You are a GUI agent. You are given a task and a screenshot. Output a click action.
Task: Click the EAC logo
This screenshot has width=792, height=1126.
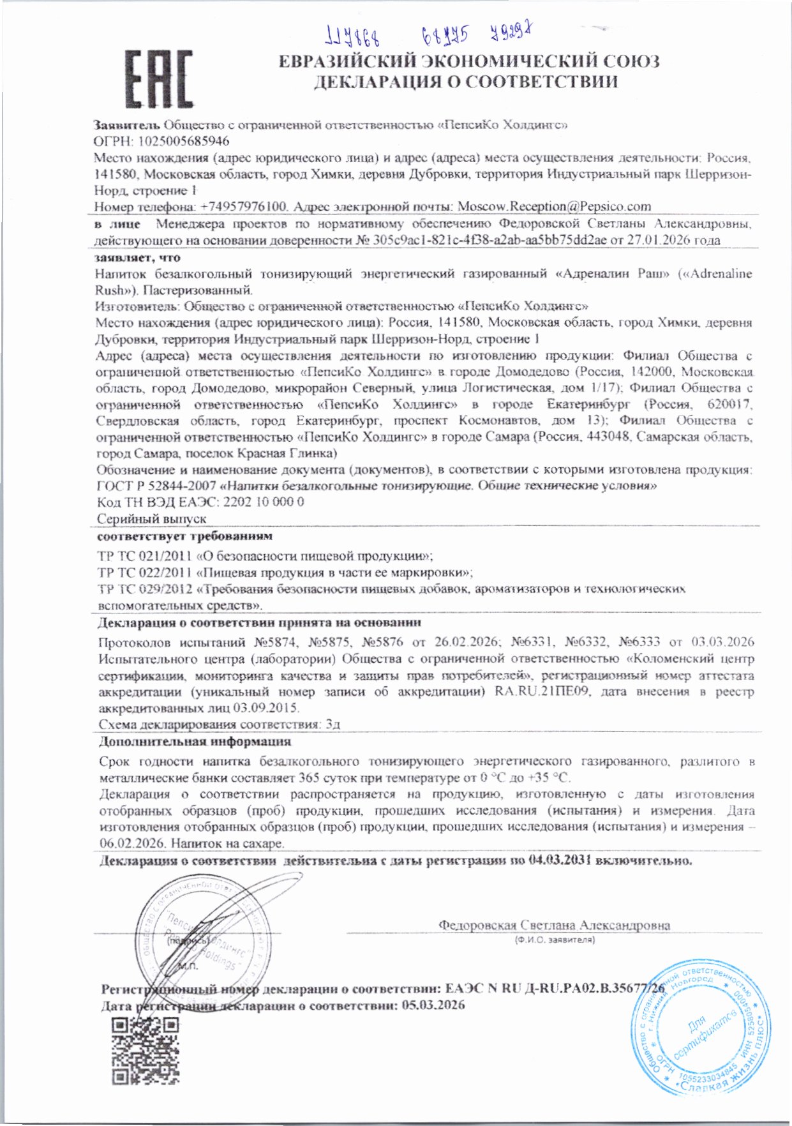pos(158,79)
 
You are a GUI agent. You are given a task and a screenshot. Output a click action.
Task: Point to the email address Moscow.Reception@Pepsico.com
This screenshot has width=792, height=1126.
pos(555,207)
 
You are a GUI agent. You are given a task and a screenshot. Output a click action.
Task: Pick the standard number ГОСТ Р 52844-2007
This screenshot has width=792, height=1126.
pos(156,486)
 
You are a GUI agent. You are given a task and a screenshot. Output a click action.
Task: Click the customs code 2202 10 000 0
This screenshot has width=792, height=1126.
pos(264,502)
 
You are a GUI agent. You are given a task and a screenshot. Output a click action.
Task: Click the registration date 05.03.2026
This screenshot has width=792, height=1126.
pos(433,1005)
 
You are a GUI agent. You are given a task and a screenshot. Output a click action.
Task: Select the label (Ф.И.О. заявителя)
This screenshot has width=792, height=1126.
pos(555,940)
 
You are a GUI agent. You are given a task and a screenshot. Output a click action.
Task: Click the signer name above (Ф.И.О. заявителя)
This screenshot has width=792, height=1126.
pos(554,925)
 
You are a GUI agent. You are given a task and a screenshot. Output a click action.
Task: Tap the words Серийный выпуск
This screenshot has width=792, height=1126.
pos(152,519)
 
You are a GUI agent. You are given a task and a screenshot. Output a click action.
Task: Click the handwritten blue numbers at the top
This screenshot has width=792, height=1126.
pos(428,35)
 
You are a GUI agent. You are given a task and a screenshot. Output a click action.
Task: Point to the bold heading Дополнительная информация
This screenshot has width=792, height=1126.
pos(195,742)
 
